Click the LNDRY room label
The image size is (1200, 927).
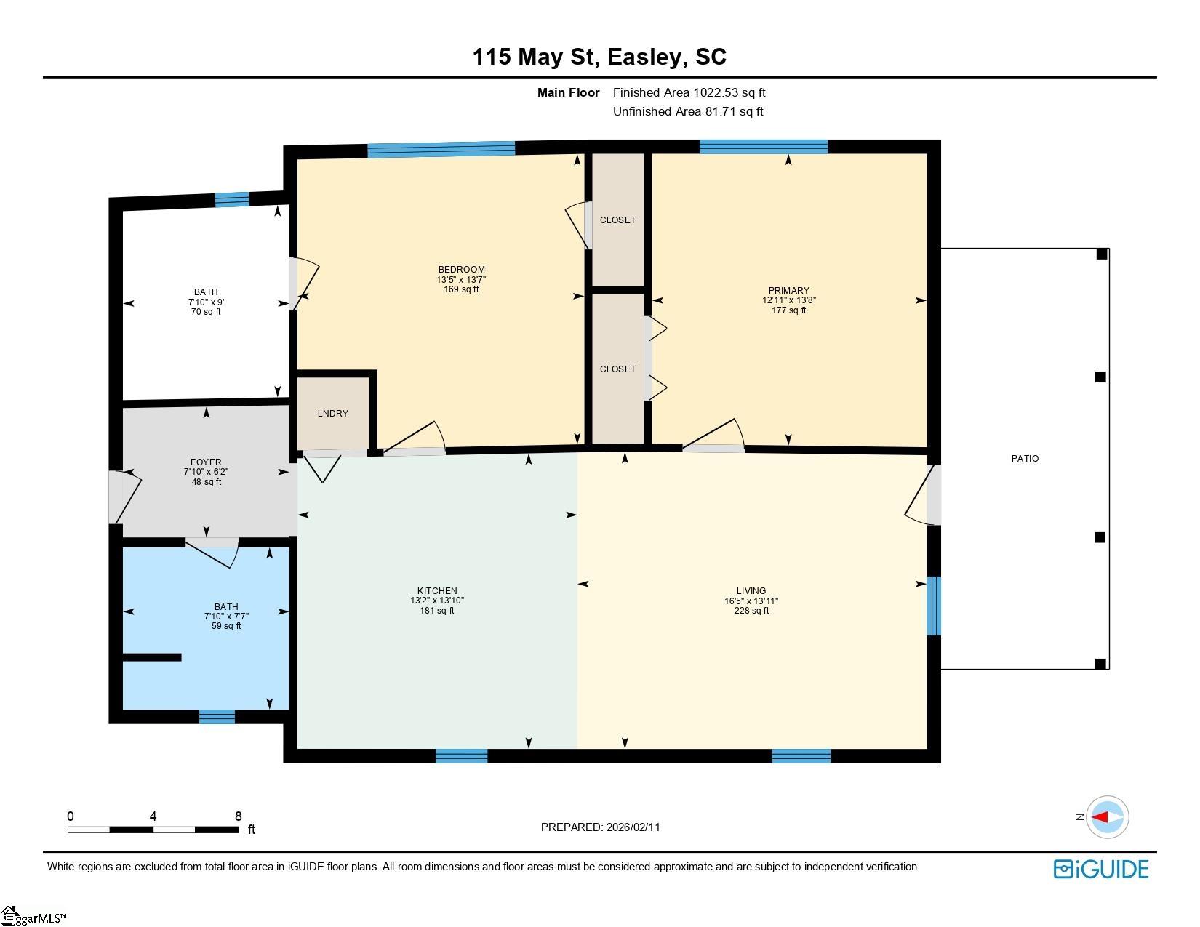click(x=332, y=413)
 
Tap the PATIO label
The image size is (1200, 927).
click(x=1025, y=458)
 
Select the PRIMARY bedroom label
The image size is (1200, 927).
click(x=788, y=290)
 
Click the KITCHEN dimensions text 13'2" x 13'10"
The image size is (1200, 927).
click(x=436, y=601)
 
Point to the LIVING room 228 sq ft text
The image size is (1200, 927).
click(x=751, y=611)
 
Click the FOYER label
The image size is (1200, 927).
click(x=206, y=462)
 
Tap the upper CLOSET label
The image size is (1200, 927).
click(x=617, y=220)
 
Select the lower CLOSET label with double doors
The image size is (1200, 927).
click(x=617, y=369)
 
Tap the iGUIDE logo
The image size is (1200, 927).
click(x=1101, y=869)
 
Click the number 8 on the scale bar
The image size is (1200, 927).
click(x=238, y=816)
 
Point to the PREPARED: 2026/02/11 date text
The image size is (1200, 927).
click(x=600, y=827)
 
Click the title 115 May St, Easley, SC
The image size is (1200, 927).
click(x=599, y=57)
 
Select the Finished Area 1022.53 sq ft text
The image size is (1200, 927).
click(x=689, y=92)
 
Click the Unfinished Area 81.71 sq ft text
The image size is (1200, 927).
click(x=688, y=111)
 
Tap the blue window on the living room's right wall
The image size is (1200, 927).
click(x=934, y=606)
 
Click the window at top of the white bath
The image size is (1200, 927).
click(x=232, y=199)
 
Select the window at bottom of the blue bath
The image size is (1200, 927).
click(x=217, y=717)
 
